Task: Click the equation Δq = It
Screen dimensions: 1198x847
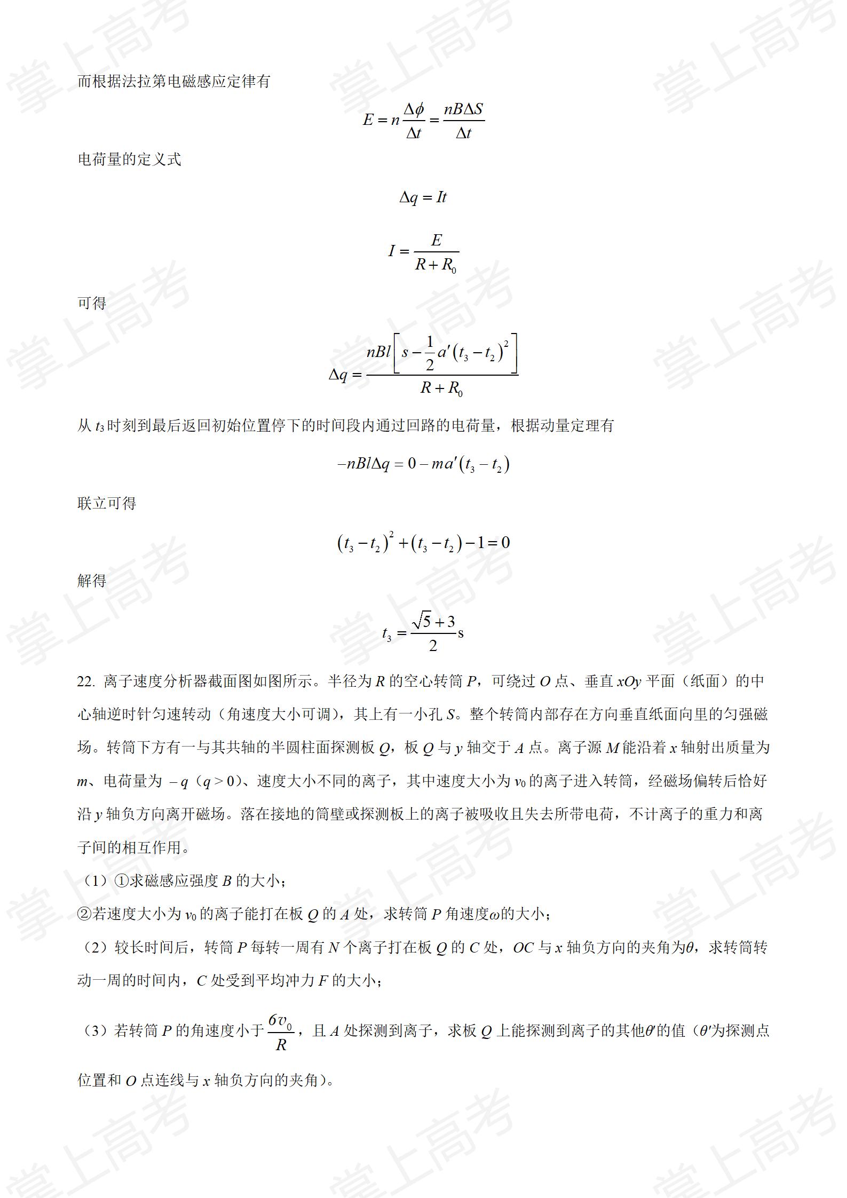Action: coord(423,197)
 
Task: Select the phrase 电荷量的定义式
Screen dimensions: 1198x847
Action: coord(129,159)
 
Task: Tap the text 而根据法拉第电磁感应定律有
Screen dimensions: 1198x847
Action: coord(174,82)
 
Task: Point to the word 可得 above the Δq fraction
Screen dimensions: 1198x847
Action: coord(92,303)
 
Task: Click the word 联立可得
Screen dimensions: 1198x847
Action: coord(107,503)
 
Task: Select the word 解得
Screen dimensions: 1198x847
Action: coord(92,581)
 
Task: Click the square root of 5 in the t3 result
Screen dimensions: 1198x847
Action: coord(422,621)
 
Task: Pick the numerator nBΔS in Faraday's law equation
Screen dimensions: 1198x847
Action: coord(463,109)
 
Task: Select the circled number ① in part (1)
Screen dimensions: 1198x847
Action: coord(122,881)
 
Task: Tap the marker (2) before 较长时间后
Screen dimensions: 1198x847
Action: coord(95,948)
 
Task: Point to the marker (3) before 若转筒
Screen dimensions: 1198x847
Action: coord(95,1030)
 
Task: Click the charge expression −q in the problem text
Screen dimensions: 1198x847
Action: coord(178,782)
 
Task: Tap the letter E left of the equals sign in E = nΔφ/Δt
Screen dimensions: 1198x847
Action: coord(368,120)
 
